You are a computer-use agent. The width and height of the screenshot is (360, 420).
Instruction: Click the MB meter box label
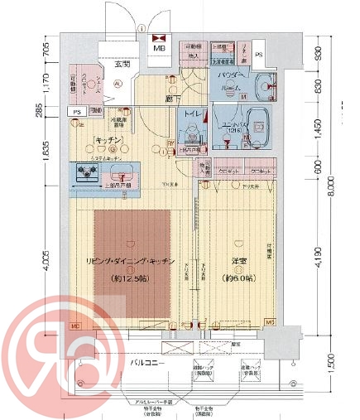pos(157,48)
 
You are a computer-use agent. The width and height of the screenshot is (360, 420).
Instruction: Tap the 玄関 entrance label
pos(122,64)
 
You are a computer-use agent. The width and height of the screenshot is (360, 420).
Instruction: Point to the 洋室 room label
pos(238,262)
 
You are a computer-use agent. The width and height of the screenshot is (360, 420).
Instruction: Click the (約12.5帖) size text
pos(131,278)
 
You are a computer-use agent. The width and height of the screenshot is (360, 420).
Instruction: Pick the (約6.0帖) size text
pos(238,278)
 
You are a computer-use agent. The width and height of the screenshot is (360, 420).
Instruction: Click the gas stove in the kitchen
pos(85,173)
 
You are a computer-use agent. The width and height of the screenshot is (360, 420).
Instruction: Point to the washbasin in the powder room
pos(266,84)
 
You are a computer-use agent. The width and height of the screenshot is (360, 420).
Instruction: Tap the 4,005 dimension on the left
pos(46,270)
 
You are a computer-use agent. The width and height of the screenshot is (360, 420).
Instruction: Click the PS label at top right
pos(259,55)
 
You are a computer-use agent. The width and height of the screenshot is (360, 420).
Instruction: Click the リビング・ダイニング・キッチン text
pos(131,262)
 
